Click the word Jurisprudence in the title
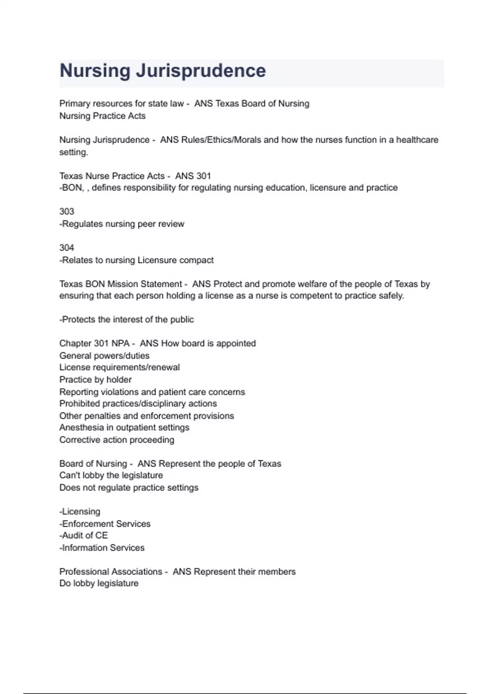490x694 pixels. (x=200, y=71)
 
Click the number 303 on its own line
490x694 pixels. (x=67, y=211)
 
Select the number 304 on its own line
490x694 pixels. (x=67, y=248)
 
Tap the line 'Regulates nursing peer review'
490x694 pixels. (x=122, y=224)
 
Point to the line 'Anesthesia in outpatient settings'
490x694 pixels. (x=124, y=427)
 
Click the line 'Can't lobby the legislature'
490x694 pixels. (x=111, y=475)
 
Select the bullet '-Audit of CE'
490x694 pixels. (x=83, y=535)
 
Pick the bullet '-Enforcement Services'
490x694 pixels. (x=105, y=523)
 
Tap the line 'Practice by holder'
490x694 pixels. (x=96, y=380)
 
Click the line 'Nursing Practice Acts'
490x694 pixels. (x=102, y=116)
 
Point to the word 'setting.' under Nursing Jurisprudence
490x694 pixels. (x=73, y=152)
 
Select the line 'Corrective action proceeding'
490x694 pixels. (x=117, y=440)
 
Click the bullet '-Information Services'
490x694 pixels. (x=102, y=547)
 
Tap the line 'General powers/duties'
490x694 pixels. (x=105, y=356)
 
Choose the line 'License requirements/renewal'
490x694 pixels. (x=120, y=367)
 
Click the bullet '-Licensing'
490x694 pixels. (x=80, y=512)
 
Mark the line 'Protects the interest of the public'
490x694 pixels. (x=127, y=319)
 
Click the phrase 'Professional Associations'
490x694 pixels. (x=111, y=572)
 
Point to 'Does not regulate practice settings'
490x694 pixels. (x=129, y=487)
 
